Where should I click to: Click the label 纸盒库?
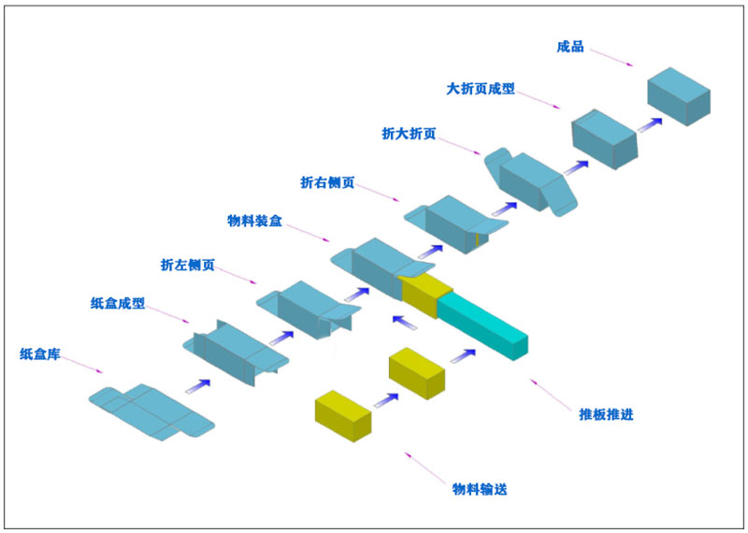click(x=40, y=354)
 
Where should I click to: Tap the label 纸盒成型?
click(x=118, y=304)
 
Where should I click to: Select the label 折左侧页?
click(x=188, y=266)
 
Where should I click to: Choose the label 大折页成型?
click(x=482, y=90)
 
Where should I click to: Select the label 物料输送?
click(x=481, y=489)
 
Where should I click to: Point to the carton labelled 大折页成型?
click(x=604, y=138)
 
